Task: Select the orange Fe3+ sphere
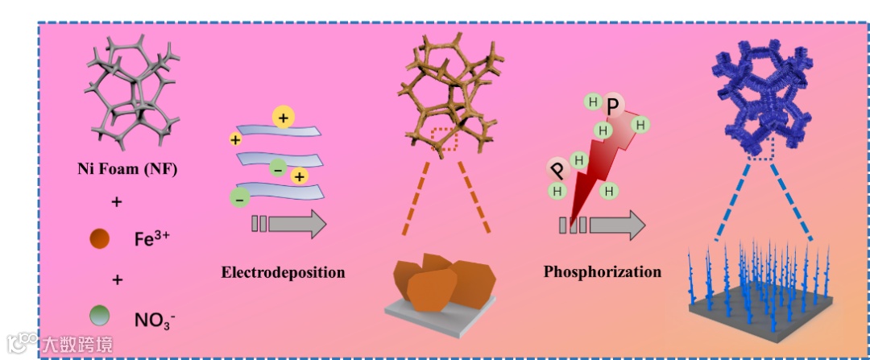(x=99, y=239)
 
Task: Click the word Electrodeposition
(x=283, y=272)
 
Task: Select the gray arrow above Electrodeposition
(x=289, y=223)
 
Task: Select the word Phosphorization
(x=603, y=271)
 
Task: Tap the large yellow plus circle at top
(x=283, y=118)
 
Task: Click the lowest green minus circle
(x=239, y=197)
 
